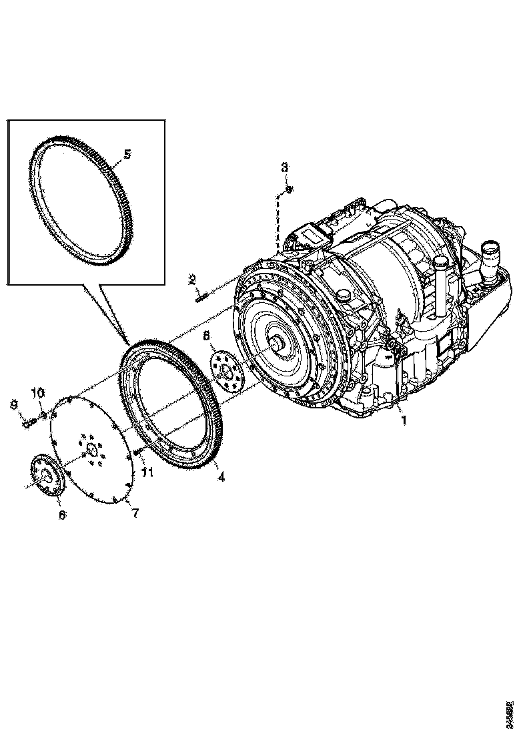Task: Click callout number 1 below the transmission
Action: [x=402, y=421]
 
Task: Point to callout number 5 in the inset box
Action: [x=127, y=153]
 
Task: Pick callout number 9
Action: [x=13, y=404]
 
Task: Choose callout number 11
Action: [x=147, y=472]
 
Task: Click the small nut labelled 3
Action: [x=288, y=190]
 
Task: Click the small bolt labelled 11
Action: [x=138, y=454]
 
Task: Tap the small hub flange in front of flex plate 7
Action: [x=46, y=475]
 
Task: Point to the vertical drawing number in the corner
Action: [x=510, y=711]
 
